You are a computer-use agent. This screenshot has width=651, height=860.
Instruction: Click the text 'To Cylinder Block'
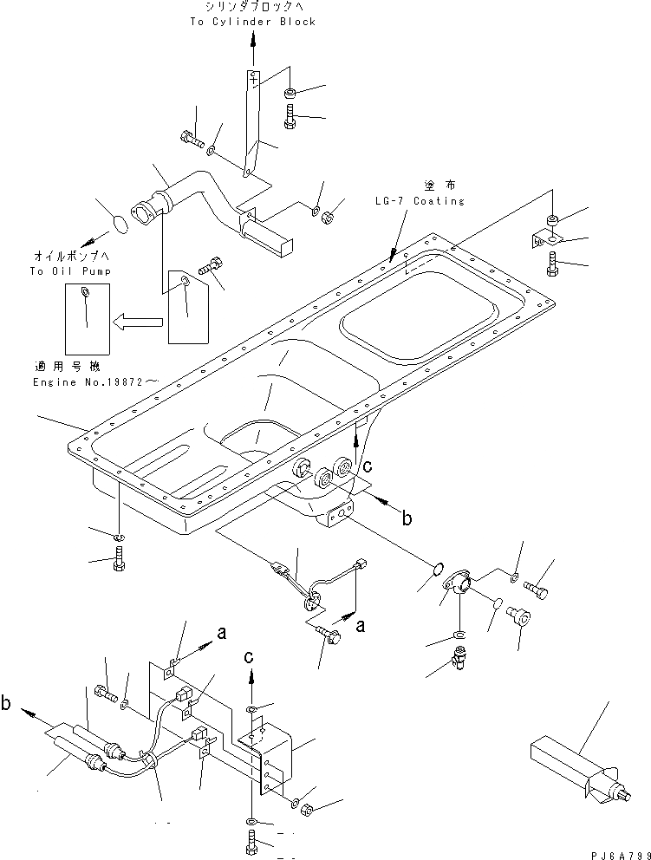(252, 22)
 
